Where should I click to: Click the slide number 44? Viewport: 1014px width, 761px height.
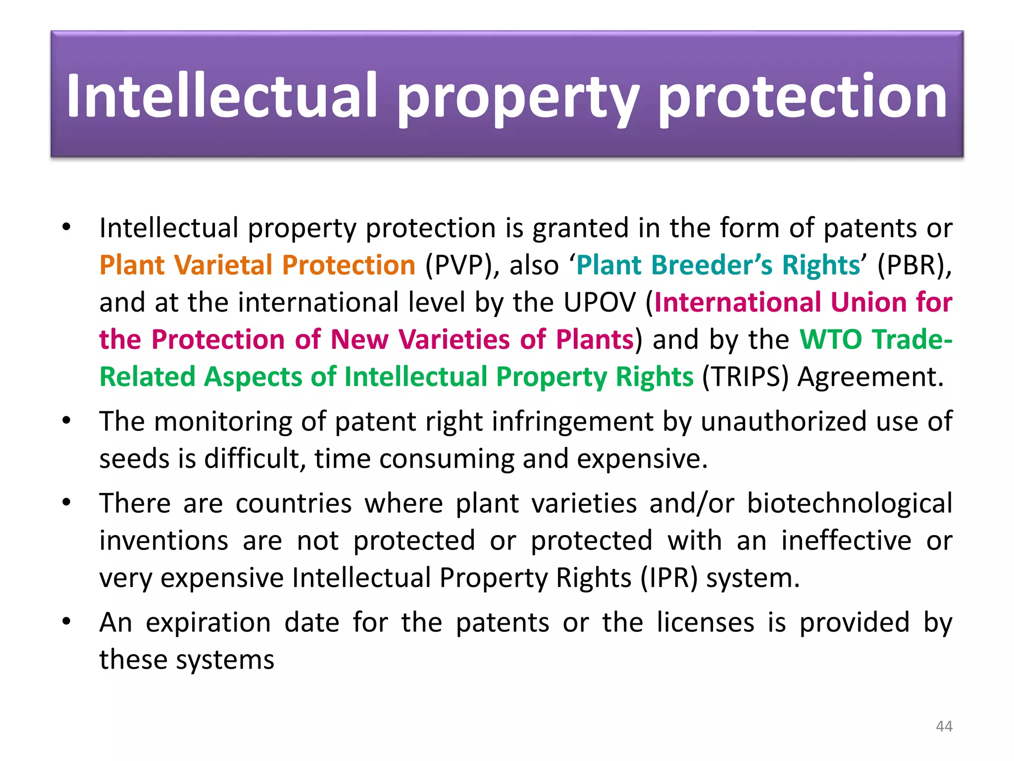tap(944, 726)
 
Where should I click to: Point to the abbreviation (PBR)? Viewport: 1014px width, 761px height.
tap(914, 265)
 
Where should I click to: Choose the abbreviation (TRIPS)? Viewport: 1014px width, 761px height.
tap(745, 377)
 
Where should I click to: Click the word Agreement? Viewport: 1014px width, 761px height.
tap(870, 377)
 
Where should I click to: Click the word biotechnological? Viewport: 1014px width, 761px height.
tap(849, 503)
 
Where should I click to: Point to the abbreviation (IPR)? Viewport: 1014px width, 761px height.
tap(668, 578)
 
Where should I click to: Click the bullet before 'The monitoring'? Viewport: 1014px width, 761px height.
tap(67, 421)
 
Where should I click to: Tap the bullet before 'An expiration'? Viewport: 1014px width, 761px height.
tap(67, 621)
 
